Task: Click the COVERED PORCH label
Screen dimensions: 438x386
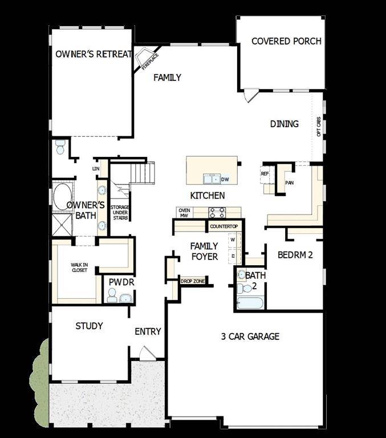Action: point(286,41)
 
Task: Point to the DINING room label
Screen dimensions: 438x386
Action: point(284,124)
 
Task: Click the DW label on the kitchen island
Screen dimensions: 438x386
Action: point(225,180)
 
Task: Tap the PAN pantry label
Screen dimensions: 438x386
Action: point(289,183)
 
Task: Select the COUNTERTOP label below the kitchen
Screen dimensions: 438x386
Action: point(224,226)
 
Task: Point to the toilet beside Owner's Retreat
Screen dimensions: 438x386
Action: point(60,148)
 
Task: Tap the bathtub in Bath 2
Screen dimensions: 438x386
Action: point(250,303)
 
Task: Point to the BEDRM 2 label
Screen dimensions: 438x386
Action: point(295,255)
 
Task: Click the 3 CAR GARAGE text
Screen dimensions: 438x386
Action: point(250,336)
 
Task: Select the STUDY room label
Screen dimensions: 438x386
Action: point(90,326)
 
